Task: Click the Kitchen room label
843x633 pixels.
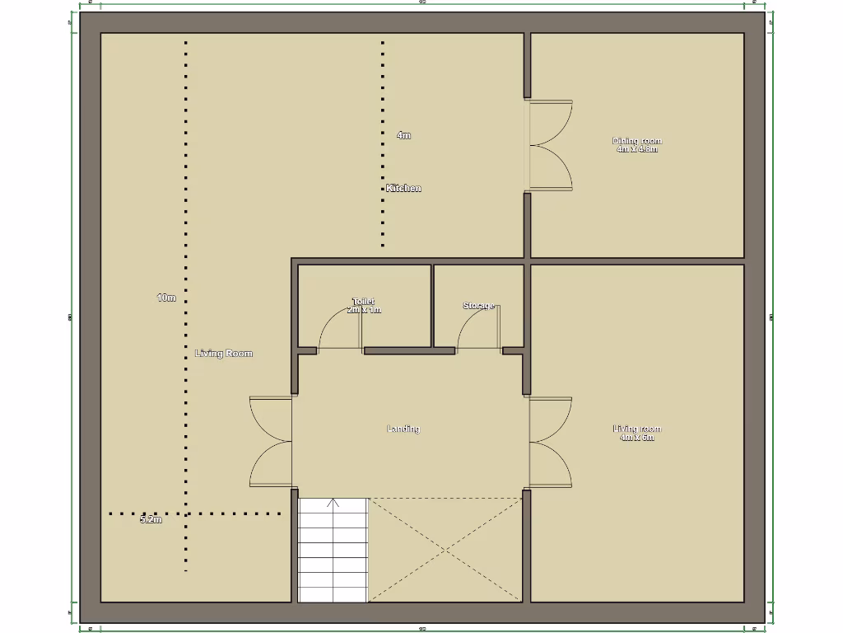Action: coord(403,188)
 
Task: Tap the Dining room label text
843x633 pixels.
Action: coord(637,141)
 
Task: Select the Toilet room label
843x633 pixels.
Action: coord(363,302)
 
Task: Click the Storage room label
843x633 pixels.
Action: coord(478,306)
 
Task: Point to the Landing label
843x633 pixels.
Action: coord(403,429)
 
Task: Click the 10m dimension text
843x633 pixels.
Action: coord(166,298)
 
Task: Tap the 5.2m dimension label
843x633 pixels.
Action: coord(151,520)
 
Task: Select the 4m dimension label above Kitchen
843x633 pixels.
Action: coord(403,135)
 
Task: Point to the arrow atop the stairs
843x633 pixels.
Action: coord(333,502)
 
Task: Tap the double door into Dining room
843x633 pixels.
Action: coord(550,146)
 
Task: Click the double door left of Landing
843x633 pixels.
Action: coord(272,442)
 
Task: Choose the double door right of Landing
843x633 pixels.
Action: coord(550,443)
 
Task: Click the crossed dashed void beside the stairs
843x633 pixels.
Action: coord(445,549)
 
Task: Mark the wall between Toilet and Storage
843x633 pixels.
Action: coord(432,305)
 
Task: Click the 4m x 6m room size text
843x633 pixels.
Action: coord(637,438)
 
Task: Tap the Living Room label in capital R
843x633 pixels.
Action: coord(224,354)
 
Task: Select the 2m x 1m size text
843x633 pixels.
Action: coord(364,310)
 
